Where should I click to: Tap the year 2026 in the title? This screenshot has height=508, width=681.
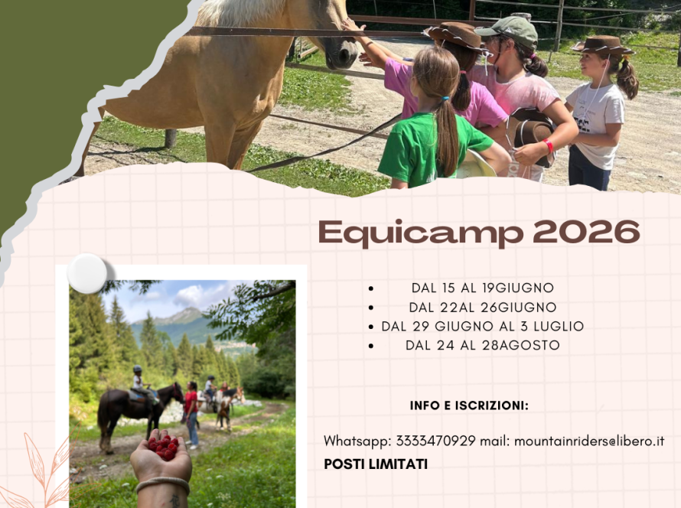pyautogui.click(x=586, y=231)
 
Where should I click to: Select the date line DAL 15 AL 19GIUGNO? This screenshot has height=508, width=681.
pyautogui.click(x=483, y=288)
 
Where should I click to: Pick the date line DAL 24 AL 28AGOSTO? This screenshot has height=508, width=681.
pyautogui.click(x=483, y=345)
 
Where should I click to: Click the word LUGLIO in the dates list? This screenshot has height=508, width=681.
pyautogui.click(x=559, y=326)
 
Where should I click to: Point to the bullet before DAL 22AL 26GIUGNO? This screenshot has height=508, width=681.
pyautogui.click(x=371, y=308)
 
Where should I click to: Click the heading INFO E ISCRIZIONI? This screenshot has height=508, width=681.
pyautogui.click(x=469, y=405)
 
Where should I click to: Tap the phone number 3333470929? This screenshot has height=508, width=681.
pyautogui.click(x=436, y=441)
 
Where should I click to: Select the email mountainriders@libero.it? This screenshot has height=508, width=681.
pyautogui.click(x=589, y=441)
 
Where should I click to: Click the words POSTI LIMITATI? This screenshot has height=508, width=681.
pyautogui.click(x=376, y=464)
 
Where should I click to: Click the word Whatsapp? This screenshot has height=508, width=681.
pyautogui.click(x=358, y=441)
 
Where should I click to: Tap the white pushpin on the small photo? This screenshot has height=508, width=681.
pyautogui.click(x=87, y=274)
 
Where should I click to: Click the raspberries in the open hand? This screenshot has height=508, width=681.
pyautogui.click(x=163, y=448)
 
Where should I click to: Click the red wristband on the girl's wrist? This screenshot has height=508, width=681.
pyautogui.click(x=548, y=145)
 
